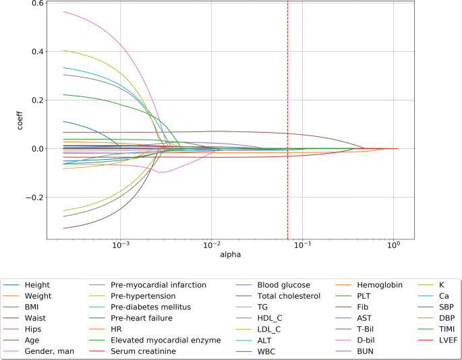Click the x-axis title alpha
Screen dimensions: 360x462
(x=231, y=255)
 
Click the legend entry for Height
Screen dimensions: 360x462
(x=37, y=285)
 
